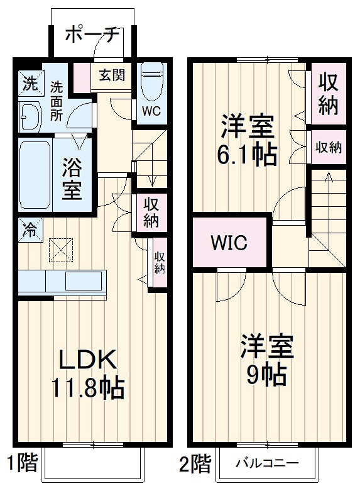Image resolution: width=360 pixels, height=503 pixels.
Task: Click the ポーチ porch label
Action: tap(92, 35)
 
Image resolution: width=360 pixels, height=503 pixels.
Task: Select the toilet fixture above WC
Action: tap(151, 82)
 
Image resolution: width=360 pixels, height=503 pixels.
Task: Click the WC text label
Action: tap(151, 111)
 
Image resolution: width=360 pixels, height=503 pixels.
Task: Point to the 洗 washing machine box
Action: tap(30, 82)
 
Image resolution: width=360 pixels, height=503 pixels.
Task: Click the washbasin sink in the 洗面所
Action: tap(30, 115)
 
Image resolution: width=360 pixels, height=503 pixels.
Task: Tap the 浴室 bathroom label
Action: tap(72, 178)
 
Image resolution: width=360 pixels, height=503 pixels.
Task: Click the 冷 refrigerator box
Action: tap(29, 229)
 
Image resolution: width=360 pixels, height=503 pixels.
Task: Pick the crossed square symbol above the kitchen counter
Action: tap(60, 250)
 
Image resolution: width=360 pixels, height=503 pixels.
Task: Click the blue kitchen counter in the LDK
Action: tap(62, 282)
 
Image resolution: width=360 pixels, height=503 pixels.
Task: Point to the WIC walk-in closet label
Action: tap(229, 242)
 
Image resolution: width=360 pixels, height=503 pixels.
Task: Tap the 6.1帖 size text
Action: tap(246, 154)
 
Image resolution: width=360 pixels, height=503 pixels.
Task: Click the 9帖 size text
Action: tap(266, 374)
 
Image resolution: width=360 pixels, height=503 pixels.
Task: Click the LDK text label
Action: tap(88, 359)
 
